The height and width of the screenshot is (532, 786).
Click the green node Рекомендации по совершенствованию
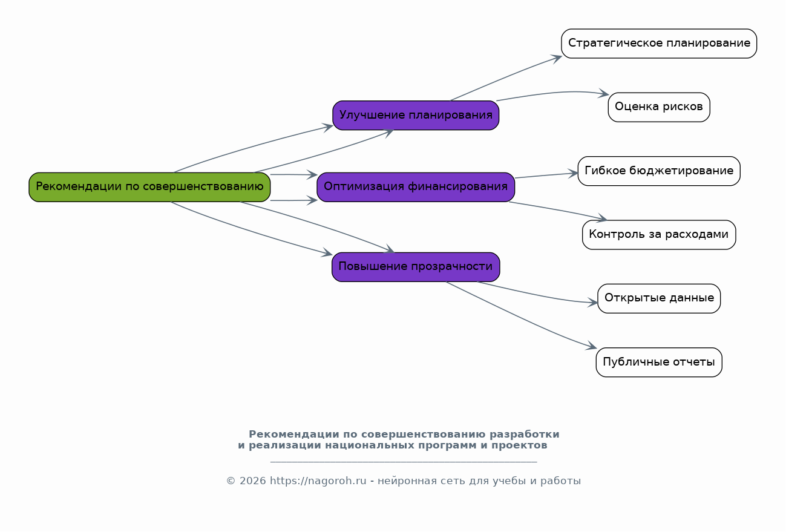[149, 187]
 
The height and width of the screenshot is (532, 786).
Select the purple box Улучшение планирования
[416, 116]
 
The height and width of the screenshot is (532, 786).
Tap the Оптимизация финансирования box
[416, 187]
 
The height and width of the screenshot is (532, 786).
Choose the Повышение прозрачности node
[416, 267]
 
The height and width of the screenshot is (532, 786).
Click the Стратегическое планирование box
[659, 44]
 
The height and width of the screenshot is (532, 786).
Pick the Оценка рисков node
[659, 107]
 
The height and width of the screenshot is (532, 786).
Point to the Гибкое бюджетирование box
[659, 171]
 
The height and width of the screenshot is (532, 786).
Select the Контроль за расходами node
[659, 235]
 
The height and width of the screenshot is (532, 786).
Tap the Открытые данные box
[659, 298]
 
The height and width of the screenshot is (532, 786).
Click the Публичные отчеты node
[659, 363]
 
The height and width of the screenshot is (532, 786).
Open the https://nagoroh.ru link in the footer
[318, 481]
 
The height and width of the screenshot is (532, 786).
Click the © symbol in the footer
[231, 481]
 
